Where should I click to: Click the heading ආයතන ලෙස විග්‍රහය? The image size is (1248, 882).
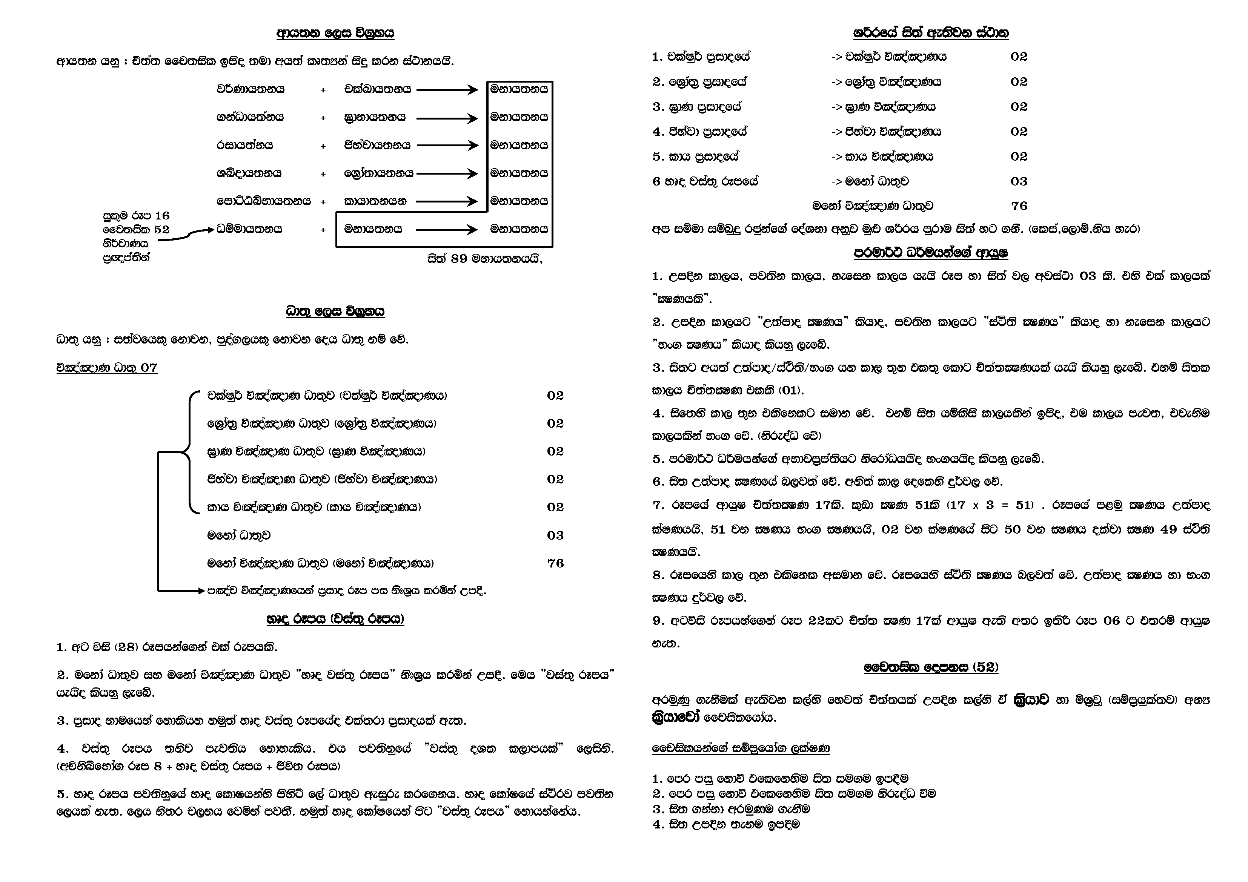335,33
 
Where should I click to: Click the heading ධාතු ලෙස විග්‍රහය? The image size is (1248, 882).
335,311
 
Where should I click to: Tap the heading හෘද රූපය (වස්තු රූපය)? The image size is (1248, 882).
335,619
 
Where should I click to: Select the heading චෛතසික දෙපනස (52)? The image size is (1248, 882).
931,667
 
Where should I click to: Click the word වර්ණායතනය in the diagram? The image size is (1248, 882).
250,89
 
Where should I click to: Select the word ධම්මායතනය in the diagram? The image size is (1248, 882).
249,229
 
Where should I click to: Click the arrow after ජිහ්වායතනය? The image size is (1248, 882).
447,146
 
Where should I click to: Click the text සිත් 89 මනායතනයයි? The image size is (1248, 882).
485,259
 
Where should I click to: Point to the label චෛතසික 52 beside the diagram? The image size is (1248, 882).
136,229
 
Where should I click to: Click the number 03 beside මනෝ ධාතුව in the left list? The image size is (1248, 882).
555,535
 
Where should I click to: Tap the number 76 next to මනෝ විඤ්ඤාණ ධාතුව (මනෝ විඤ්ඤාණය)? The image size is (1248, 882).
555,563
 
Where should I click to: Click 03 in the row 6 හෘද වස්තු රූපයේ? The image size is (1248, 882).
1019,181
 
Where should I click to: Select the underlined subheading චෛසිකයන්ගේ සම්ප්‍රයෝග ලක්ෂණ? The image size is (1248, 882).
740,748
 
